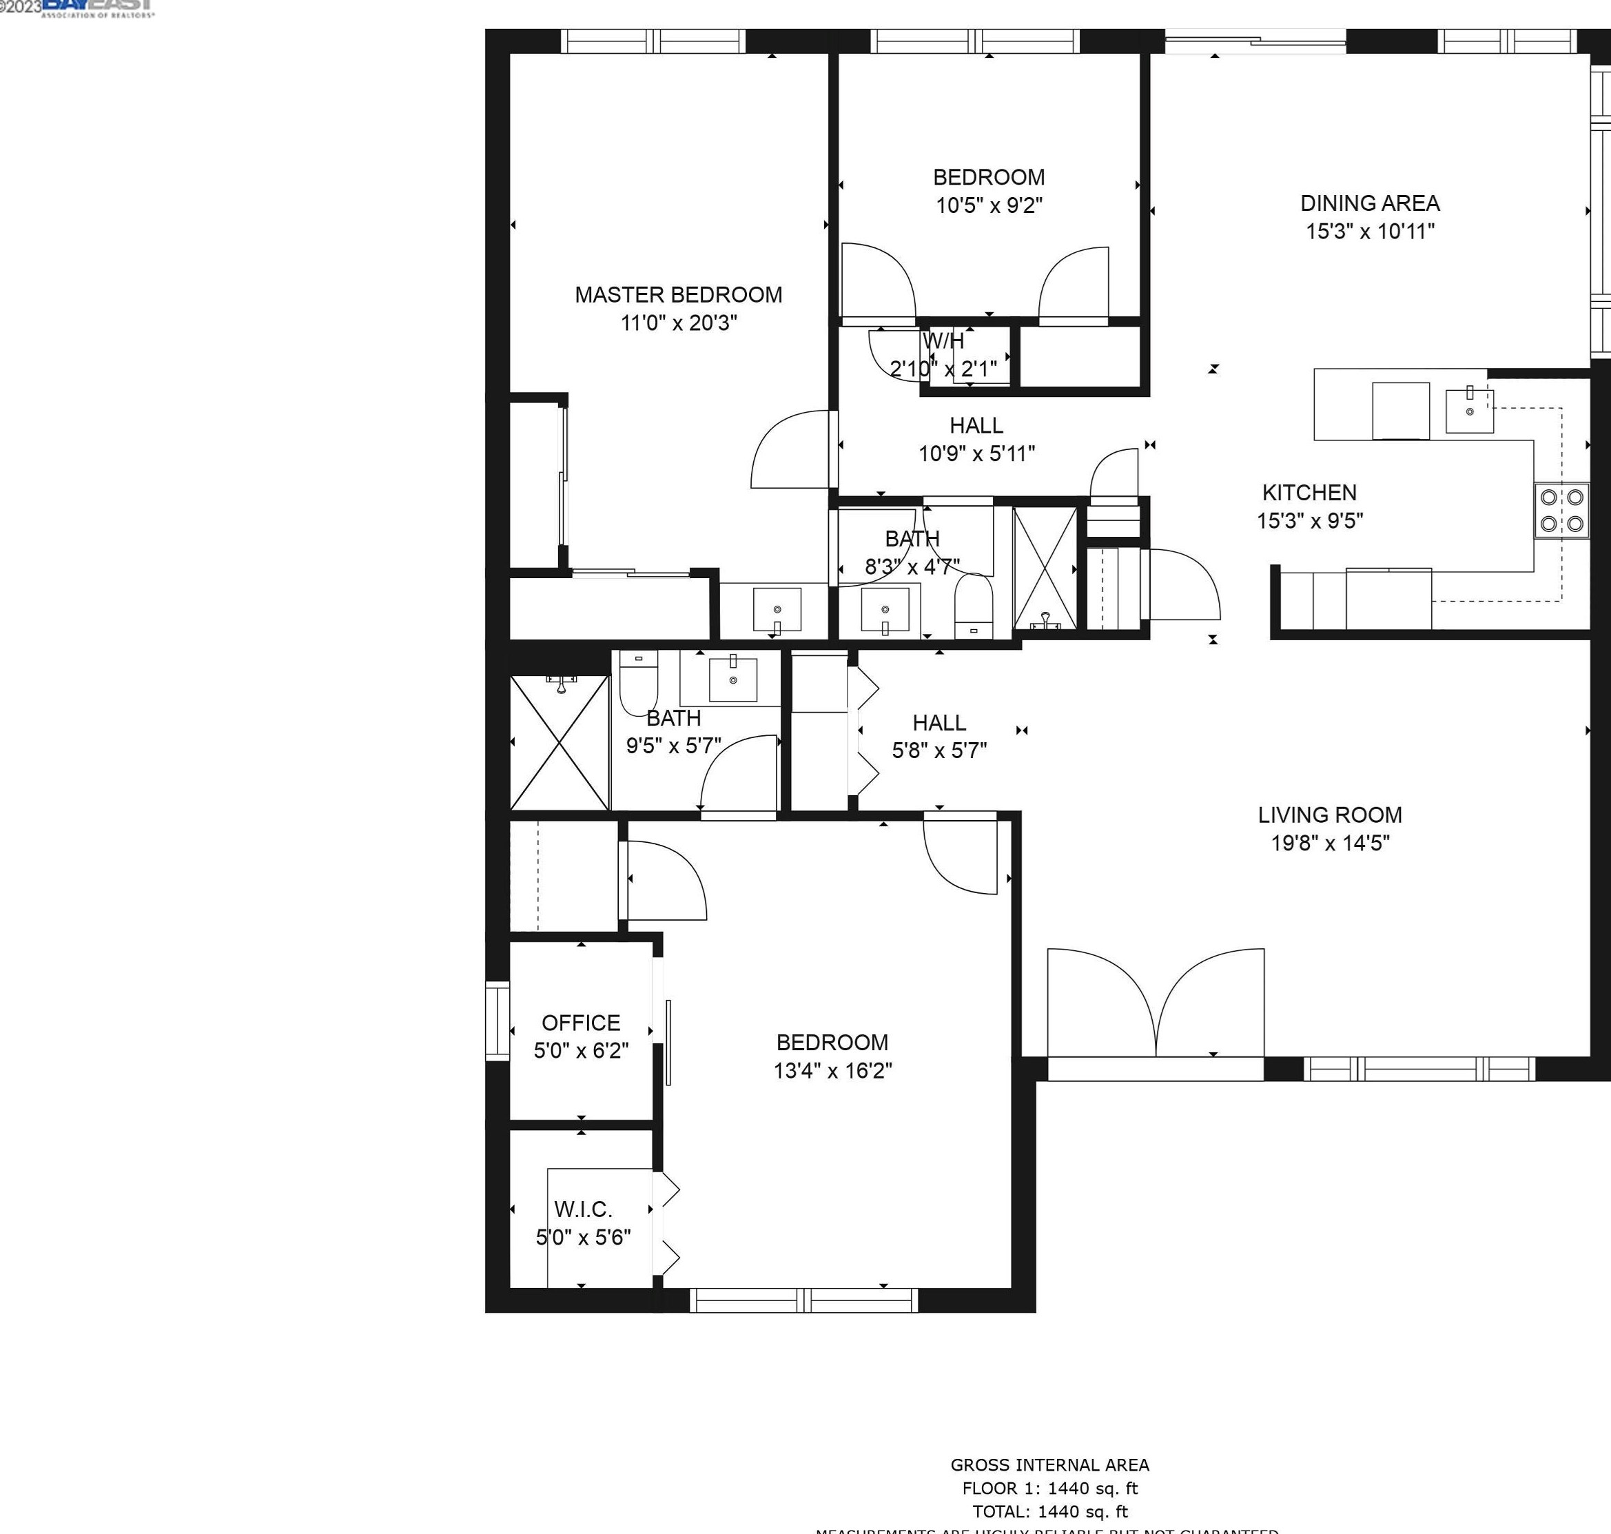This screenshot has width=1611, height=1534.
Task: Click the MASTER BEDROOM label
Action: point(678,295)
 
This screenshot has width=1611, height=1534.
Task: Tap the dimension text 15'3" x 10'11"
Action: point(1370,232)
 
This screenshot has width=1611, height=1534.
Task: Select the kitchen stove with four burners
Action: point(1561,510)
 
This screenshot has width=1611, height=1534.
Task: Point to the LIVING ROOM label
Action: point(1330,815)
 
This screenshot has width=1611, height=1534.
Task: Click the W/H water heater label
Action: point(943,341)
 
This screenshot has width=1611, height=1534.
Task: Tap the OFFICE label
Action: point(581,1023)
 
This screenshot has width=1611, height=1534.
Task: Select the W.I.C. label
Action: point(582,1209)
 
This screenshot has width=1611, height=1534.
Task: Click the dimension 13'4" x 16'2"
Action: point(832,1070)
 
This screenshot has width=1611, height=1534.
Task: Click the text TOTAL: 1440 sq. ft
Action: point(1049,1511)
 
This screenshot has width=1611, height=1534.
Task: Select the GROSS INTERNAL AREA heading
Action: point(1049,1464)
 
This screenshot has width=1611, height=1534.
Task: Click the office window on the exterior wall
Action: point(497,1021)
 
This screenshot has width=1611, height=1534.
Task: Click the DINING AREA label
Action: point(1370,203)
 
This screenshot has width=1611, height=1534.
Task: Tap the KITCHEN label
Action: point(1309,492)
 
